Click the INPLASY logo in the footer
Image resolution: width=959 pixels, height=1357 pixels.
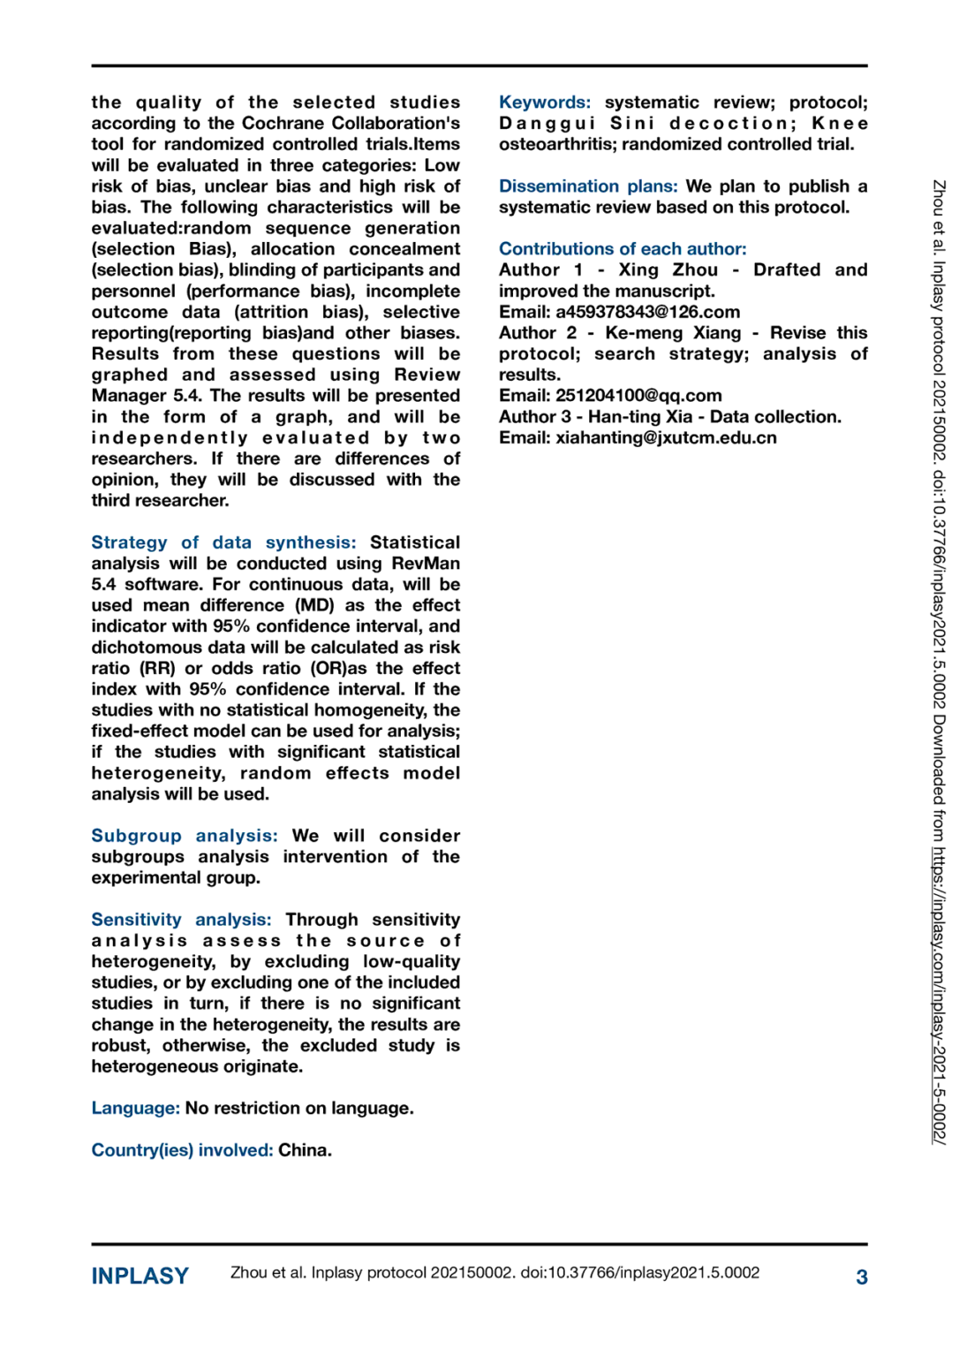(140, 1276)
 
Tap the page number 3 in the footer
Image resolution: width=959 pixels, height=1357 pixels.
(861, 1277)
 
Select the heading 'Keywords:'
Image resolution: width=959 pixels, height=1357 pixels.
(545, 102)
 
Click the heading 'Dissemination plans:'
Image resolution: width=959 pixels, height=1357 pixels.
(588, 186)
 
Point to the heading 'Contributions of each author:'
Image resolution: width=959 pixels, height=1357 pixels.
(623, 249)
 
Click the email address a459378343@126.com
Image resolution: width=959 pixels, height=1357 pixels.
(647, 312)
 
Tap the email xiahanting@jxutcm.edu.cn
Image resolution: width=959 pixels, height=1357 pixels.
(666, 437)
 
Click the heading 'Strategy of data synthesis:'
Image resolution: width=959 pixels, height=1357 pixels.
(223, 542)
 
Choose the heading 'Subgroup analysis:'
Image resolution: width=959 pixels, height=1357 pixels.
(185, 836)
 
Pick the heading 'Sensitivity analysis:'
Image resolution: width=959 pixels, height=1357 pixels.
(181, 920)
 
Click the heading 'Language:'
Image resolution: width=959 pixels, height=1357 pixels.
(135, 1108)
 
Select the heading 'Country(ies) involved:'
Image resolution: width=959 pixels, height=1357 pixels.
(182, 1150)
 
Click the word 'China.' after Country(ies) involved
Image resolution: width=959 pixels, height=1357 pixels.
(305, 1150)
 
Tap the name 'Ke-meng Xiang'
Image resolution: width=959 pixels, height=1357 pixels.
(673, 333)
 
